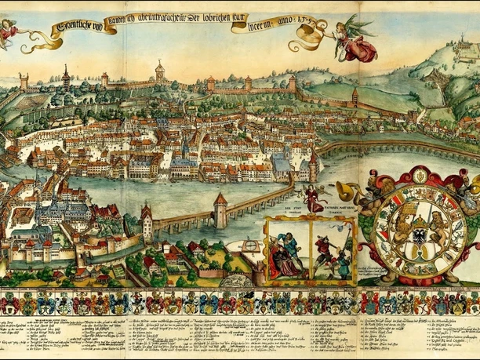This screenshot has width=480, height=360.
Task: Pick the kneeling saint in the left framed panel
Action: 287,256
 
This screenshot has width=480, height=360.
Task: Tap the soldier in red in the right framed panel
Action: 324,249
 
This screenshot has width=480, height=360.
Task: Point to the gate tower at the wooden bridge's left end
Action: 147,221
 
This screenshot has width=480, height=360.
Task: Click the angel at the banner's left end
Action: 9,31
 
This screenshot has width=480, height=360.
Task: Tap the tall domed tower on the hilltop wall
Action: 159,72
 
